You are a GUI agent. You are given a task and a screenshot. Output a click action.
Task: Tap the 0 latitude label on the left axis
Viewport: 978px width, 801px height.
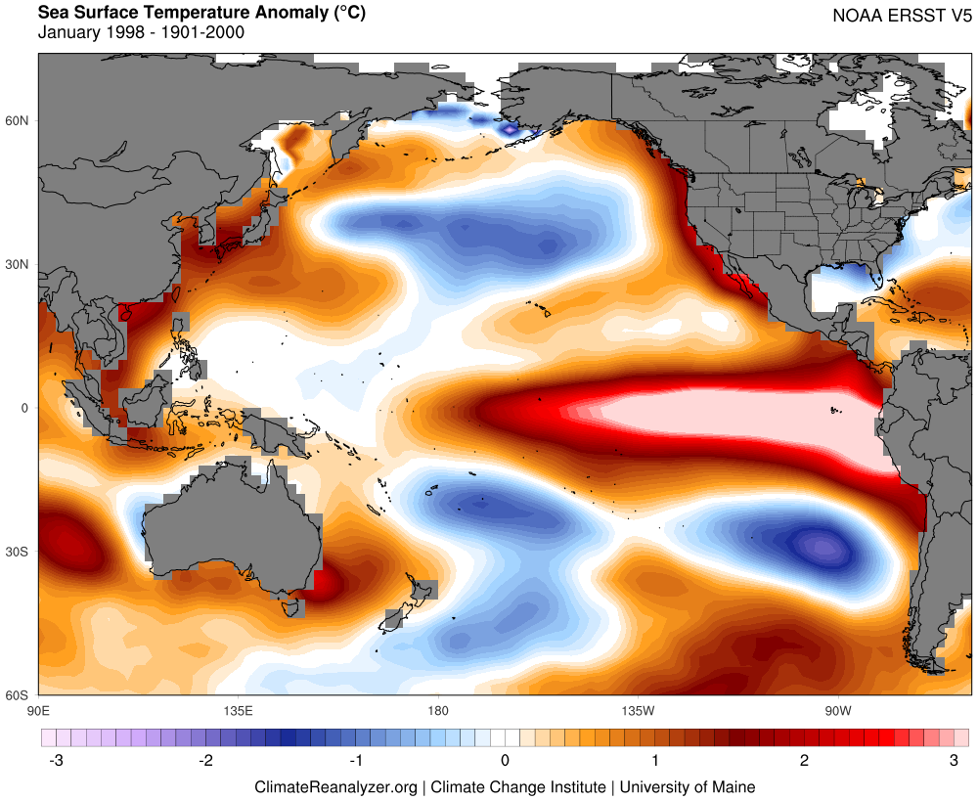pyautogui.click(x=25, y=408)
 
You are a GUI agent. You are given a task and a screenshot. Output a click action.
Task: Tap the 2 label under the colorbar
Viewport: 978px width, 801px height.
pyautogui.click(x=804, y=761)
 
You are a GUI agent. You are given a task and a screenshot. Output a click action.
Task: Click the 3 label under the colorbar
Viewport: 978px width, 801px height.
pyautogui.click(x=954, y=761)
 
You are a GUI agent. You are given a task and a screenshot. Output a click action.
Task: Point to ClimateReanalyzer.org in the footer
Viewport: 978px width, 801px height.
pyautogui.click(x=335, y=786)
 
